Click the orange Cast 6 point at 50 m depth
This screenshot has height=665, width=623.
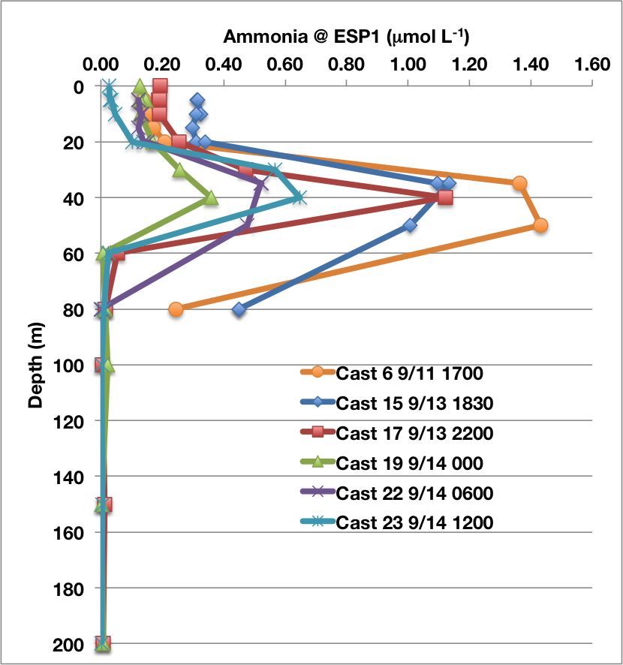click(540, 225)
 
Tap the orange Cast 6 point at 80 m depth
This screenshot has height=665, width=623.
click(176, 309)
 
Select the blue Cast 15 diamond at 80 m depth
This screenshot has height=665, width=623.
click(239, 309)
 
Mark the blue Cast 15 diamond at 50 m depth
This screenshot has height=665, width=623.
click(410, 225)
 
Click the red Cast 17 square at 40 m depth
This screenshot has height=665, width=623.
click(446, 197)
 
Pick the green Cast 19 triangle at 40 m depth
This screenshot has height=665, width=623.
click(211, 197)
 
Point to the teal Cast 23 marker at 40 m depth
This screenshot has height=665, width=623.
click(299, 197)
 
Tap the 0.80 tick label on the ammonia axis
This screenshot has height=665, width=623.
click(346, 65)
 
